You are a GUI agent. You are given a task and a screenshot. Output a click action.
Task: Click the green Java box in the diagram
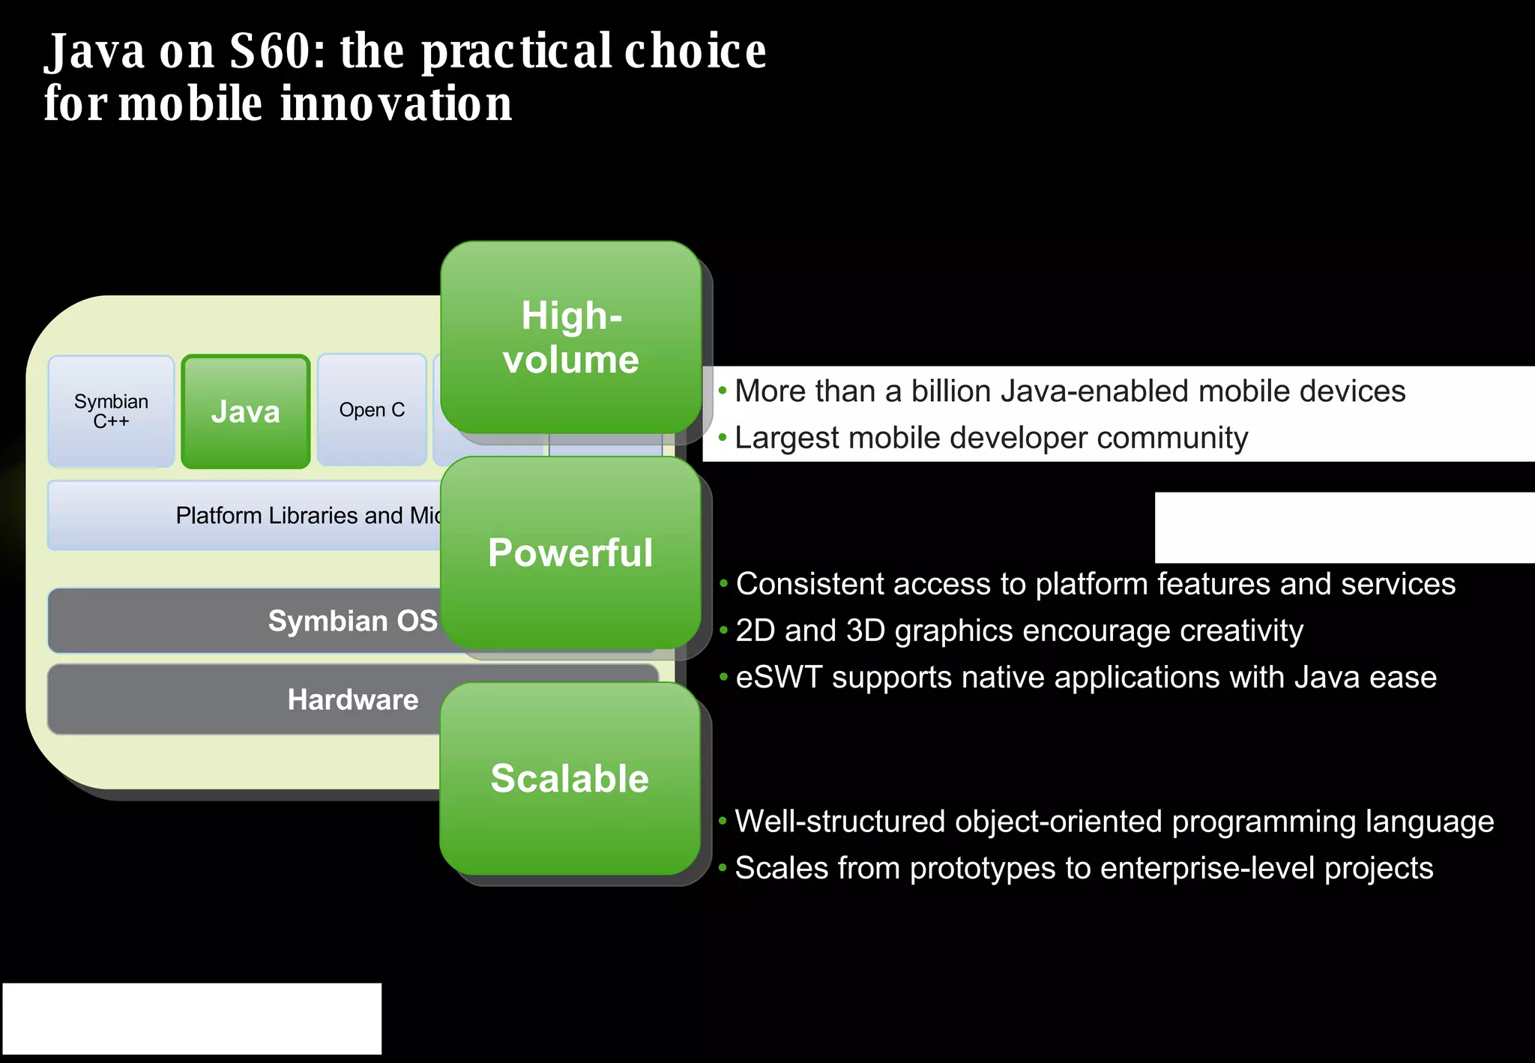pyautogui.click(x=246, y=412)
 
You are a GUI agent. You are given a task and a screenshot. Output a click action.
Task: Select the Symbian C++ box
pyautogui.click(x=111, y=412)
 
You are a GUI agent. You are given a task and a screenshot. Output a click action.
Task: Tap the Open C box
pyautogui.click(x=372, y=410)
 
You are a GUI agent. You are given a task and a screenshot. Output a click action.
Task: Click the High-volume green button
pyautogui.click(x=570, y=337)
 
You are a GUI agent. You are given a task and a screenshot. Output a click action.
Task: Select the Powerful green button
pyautogui.click(x=570, y=552)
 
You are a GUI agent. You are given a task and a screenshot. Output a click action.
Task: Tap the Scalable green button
pyautogui.click(x=570, y=778)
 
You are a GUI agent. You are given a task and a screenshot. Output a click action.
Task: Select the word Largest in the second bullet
pyautogui.click(x=787, y=439)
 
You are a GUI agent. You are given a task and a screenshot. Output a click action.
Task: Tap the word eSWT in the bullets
pyautogui.click(x=779, y=678)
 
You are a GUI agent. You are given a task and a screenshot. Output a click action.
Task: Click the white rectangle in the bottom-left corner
pyautogui.click(x=192, y=1018)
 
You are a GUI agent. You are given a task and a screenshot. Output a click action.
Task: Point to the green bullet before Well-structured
pyautogui.click(x=723, y=821)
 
